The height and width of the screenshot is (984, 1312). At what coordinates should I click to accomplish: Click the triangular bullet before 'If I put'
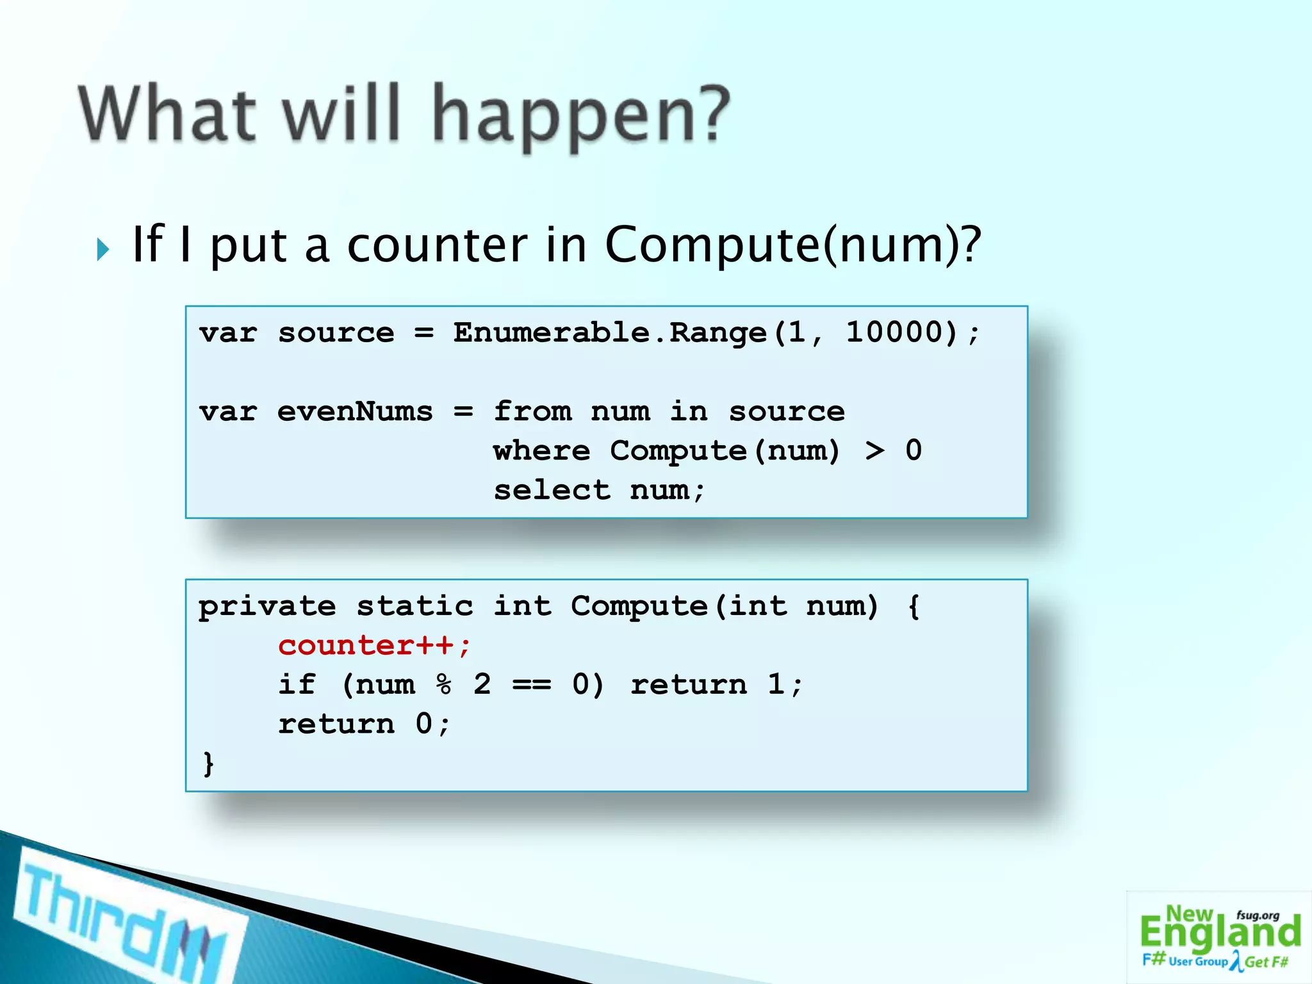103,249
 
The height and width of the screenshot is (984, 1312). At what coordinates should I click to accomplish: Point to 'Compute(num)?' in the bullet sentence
793,245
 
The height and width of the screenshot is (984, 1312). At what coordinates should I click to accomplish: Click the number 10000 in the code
901,332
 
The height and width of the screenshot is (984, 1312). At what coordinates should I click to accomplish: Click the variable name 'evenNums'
355,411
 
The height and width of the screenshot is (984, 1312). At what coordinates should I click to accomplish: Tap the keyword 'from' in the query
532,411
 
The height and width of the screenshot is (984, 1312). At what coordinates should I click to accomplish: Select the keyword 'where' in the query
541,451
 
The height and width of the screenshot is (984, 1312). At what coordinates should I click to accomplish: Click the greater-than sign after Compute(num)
874,451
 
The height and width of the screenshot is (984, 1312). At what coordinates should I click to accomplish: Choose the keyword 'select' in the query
552,491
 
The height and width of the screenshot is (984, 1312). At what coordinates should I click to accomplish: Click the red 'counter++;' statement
375,646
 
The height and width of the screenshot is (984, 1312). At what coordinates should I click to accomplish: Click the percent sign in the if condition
443,685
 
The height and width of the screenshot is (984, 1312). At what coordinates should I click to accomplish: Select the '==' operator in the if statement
531,685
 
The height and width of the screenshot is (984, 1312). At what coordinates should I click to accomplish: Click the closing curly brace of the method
208,764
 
